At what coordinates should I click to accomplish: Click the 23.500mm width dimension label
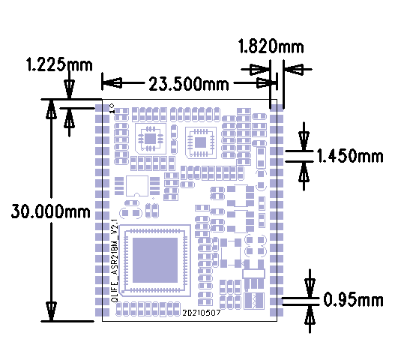(x=187, y=83)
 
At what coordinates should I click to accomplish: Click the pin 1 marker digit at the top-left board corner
(x=111, y=109)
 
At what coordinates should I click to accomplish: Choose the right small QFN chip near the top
(x=201, y=140)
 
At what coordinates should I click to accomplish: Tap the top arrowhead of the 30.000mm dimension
(x=51, y=110)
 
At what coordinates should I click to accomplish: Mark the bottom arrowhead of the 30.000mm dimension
(x=51, y=310)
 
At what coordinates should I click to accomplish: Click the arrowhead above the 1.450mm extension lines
(x=304, y=139)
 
